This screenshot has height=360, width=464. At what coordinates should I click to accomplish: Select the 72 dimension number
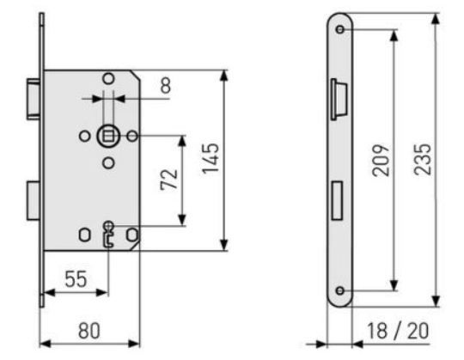click(x=168, y=179)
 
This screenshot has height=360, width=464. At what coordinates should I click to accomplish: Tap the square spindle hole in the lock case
click(x=107, y=136)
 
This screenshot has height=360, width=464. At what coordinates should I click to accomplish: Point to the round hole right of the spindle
click(x=131, y=136)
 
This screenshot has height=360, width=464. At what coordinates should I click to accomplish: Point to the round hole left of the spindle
click(x=83, y=136)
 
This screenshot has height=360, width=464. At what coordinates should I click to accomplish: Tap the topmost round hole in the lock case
click(x=107, y=79)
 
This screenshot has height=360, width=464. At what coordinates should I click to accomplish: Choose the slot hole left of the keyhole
click(x=83, y=234)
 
